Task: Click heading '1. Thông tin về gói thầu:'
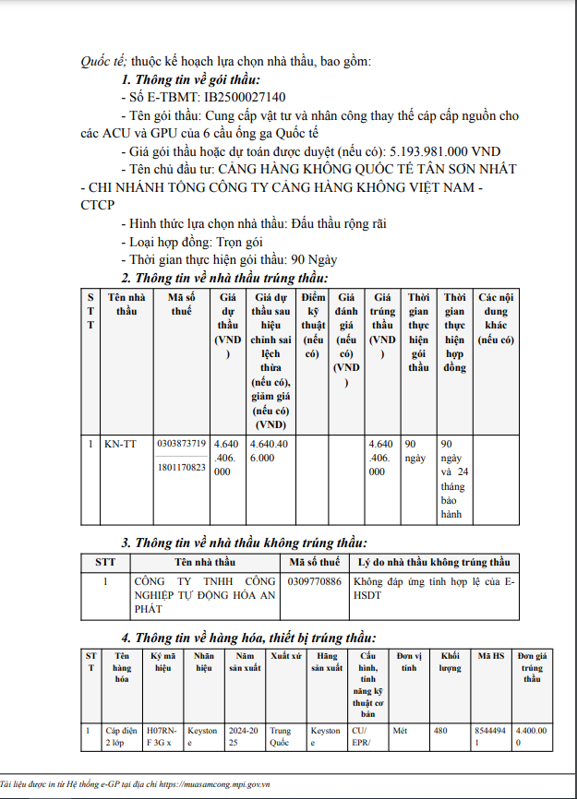pyautogui.click(x=191, y=79)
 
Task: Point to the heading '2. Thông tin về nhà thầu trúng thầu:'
pyautogui.click(x=225, y=278)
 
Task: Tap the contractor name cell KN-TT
pyautogui.click(x=119, y=444)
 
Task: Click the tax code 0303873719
pyautogui.click(x=182, y=444)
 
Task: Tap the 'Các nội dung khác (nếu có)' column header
pyautogui.click(x=496, y=318)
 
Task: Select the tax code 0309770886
pyautogui.click(x=315, y=582)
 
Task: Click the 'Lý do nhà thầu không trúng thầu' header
pyautogui.click(x=434, y=562)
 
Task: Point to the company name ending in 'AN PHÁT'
pyautogui.click(x=205, y=595)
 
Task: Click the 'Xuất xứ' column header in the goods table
pyautogui.click(x=284, y=655)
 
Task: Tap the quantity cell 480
pyautogui.click(x=441, y=731)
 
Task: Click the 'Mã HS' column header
pyautogui.click(x=490, y=655)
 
